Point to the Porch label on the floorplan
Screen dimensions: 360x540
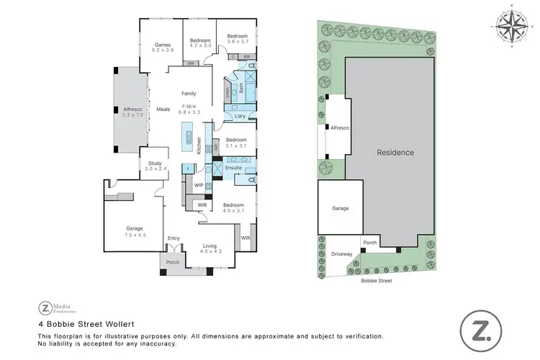tap(174, 262)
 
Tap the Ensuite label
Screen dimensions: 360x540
tap(233, 168)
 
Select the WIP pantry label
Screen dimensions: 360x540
tap(199, 185)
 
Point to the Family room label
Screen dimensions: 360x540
tap(189, 94)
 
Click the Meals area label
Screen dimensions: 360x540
tap(163, 109)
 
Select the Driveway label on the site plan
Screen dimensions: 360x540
tap(342, 254)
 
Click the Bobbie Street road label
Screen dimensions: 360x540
tap(377, 282)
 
